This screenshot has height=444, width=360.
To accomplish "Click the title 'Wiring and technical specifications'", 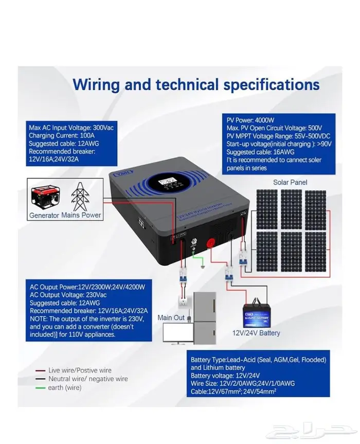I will (196, 84).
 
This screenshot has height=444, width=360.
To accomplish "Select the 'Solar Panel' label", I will (290, 183).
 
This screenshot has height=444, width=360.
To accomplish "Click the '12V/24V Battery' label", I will (257, 333).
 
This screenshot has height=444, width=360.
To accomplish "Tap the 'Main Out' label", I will (171, 317).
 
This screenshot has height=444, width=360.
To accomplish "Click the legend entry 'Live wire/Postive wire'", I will (79, 370).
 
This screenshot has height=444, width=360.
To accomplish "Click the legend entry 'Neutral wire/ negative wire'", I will (87, 379).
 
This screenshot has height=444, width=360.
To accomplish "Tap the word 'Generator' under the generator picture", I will (44, 215).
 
